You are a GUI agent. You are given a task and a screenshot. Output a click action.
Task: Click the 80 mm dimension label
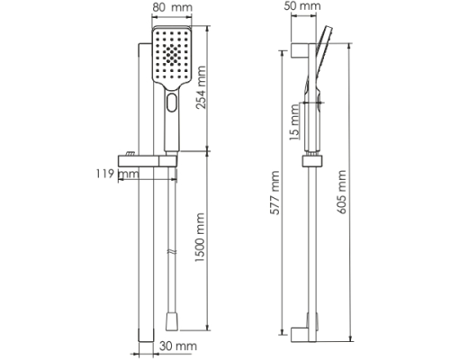click(x=172, y=7)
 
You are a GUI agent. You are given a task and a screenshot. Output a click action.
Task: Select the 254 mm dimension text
click(x=201, y=87)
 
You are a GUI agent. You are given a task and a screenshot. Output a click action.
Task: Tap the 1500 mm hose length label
click(x=200, y=238)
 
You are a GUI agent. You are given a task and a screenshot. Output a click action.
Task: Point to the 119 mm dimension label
click(x=117, y=174)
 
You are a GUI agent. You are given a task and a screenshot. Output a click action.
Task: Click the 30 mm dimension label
click(x=178, y=346)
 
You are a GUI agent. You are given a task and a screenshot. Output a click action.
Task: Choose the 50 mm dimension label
click(x=302, y=5)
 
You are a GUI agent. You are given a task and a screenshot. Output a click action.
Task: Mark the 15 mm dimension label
click(x=295, y=122)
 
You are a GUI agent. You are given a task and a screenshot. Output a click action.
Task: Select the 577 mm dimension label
click(x=274, y=193)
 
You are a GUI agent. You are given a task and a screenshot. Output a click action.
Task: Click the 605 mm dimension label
click(x=341, y=192)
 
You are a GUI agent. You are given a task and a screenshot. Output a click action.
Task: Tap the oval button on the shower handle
click(x=172, y=103)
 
